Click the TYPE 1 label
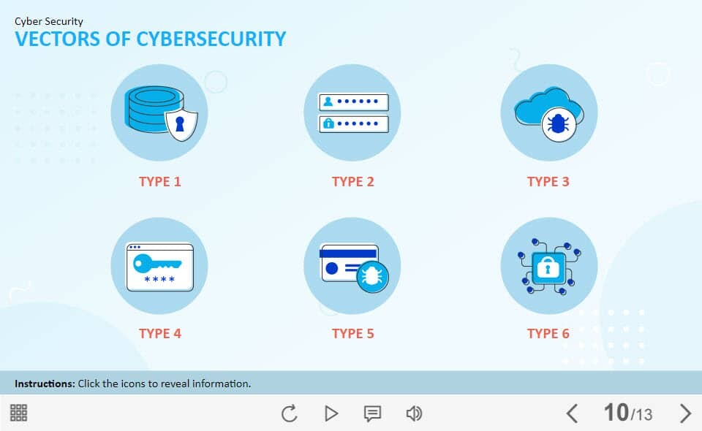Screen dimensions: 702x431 pos(160,181)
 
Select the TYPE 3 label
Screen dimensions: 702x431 pos(548,181)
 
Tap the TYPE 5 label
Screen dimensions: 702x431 pos(352,334)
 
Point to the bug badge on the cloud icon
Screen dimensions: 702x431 pos(558,124)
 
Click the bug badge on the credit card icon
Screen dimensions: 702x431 pos(372,277)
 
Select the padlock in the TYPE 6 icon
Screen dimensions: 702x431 pos(546,268)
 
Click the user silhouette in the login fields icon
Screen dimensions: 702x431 pos(328,102)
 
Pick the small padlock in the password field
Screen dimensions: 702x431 pos(328,123)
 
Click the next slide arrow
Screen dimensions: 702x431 pos(685,413)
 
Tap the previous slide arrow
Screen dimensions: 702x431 pos(572,413)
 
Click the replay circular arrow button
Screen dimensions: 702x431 pos(290,413)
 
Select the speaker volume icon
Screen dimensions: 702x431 pos(414,413)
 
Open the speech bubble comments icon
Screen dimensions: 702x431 pos(372,414)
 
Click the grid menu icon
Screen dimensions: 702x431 pos(19,413)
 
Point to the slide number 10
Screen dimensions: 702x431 pos(616,412)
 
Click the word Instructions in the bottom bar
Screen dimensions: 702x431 pos(45,384)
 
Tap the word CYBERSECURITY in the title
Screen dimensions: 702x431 pos(211,39)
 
